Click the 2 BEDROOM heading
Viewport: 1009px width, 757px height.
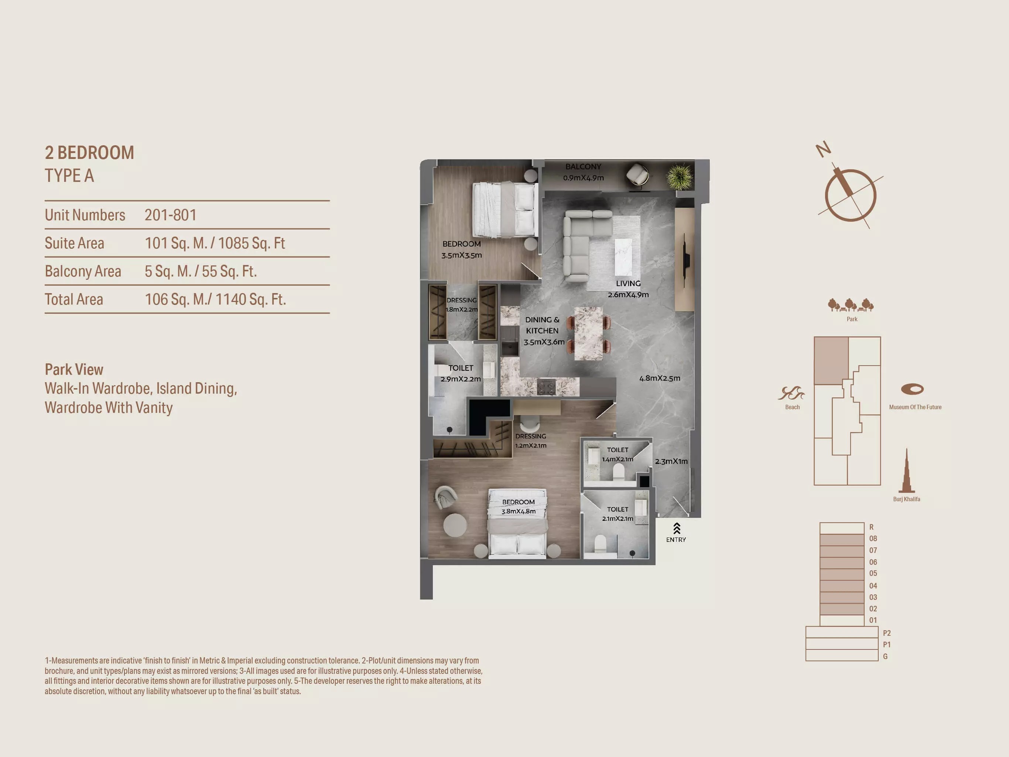click(89, 153)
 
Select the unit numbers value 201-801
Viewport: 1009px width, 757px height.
click(170, 215)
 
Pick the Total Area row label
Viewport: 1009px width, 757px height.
click(74, 299)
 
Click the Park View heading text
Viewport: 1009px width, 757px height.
click(74, 369)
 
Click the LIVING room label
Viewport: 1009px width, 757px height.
click(628, 284)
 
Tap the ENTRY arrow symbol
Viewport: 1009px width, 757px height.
click(677, 528)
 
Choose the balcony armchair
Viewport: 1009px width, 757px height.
click(637, 175)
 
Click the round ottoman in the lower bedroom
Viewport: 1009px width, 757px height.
click(455, 525)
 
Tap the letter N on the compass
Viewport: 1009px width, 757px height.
click(823, 149)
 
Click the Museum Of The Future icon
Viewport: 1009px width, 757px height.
click(912, 389)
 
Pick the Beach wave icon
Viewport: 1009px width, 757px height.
click(791, 393)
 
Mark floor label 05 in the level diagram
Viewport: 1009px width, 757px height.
click(873, 573)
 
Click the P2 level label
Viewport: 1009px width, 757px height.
click(887, 633)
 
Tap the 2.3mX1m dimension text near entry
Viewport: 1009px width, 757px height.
click(671, 462)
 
